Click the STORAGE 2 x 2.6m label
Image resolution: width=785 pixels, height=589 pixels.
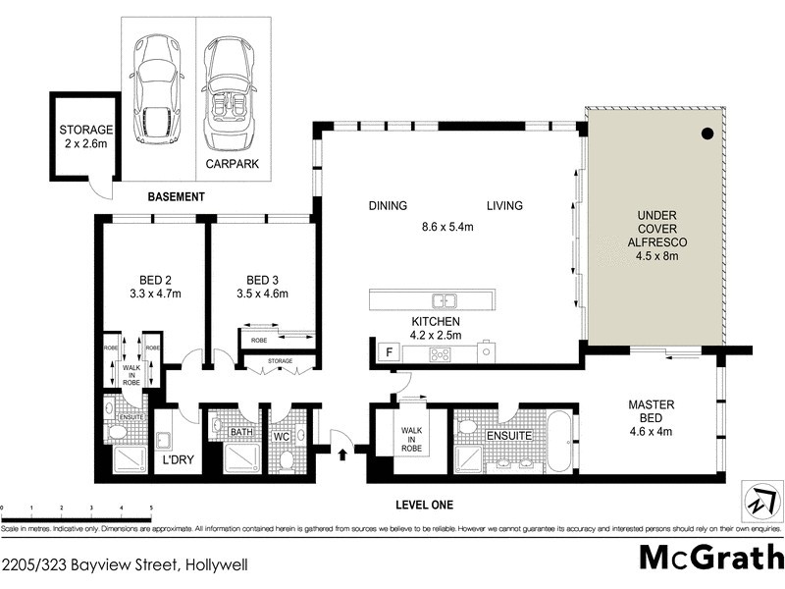pyautogui.click(x=86, y=136)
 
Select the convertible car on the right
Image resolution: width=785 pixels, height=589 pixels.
pyautogui.click(x=232, y=87)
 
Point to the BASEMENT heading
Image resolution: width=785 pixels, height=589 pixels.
pyautogui.click(x=176, y=197)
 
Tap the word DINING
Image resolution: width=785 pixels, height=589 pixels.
pyautogui.click(x=388, y=206)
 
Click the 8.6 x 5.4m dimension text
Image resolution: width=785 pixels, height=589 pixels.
pyautogui.click(x=446, y=227)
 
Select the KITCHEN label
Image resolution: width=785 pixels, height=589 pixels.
pyautogui.click(x=437, y=321)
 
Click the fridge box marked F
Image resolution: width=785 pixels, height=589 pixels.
pyautogui.click(x=389, y=351)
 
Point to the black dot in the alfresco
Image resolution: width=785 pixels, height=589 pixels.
pyautogui.click(x=706, y=134)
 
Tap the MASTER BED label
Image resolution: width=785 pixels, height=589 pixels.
pyautogui.click(x=656, y=411)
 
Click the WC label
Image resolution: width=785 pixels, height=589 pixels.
pyautogui.click(x=282, y=432)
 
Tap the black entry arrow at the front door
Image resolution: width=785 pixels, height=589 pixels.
pyautogui.click(x=342, y=454)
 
